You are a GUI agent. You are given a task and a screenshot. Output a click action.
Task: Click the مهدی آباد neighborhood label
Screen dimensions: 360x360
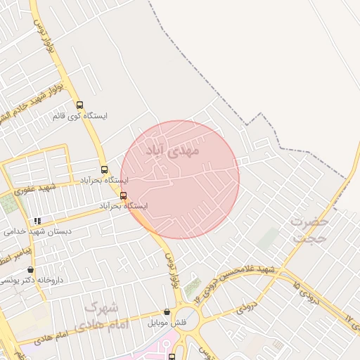coord(173,150)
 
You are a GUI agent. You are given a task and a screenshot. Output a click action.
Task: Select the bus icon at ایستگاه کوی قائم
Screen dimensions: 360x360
coord(79,104)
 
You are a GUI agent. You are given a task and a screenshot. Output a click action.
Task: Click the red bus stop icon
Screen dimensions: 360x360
coord(124,195)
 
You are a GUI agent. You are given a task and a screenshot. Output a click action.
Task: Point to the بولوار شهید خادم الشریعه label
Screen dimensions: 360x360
coord(28,98)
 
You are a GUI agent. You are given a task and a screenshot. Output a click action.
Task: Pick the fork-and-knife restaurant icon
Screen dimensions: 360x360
coord(37,221)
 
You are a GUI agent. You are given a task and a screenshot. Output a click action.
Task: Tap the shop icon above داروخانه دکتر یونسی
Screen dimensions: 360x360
coord(30,269)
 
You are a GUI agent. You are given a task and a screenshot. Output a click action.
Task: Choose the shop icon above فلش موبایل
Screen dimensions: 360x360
coord(167,312)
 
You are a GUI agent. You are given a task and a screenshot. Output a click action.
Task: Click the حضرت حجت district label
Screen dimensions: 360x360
coord(309,229)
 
